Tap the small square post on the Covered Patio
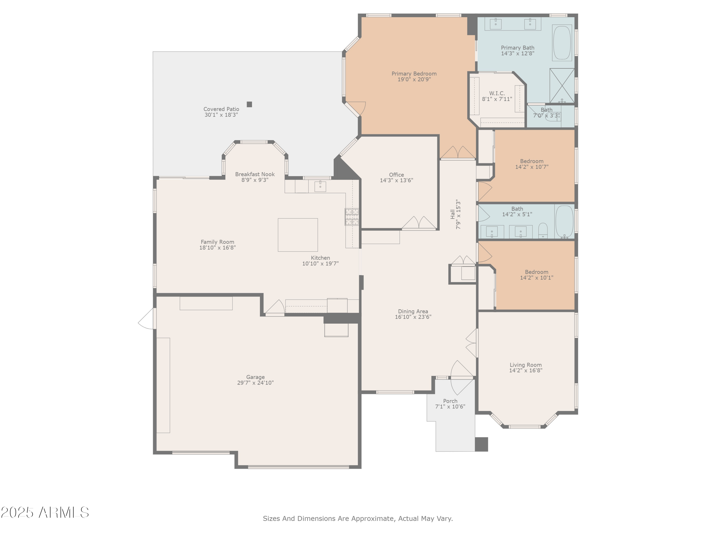249,104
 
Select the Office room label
396,175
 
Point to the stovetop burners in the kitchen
352,216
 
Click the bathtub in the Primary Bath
562,43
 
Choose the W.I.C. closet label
497,93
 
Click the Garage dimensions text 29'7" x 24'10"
255,383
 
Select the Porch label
450,401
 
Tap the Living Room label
526,365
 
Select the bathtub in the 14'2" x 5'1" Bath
564,222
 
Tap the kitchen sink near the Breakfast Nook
320,186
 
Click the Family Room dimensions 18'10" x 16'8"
217,248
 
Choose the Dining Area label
413,311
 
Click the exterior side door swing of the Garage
146,319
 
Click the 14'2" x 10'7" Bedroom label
532,161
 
